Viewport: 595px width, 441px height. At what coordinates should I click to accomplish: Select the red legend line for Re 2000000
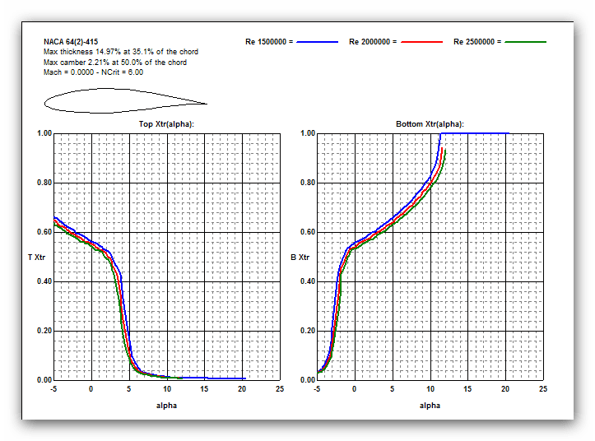tap(421, 41)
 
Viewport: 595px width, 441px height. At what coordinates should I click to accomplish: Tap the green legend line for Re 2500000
tap(525, 41)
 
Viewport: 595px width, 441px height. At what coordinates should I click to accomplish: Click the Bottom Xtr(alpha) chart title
tap(430, 123)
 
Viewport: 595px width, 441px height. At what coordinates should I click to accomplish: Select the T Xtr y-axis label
tap(36, 258)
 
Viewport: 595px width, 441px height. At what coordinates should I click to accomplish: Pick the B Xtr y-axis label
tap(300, 258)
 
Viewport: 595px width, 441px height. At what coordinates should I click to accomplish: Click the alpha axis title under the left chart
tap(166, 405)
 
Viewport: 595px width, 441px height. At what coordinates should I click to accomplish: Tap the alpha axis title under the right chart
tap(430, 405)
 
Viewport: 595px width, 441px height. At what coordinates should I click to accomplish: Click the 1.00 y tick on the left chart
tap(44, 133)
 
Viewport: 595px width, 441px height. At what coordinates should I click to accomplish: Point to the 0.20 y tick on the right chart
tap(308, 331)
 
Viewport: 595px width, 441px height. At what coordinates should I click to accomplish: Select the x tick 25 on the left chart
tap(280, 388)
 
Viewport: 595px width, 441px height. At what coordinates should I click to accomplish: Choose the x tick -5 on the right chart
tap(316, 388)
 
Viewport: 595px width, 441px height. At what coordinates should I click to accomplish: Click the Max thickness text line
tap(120, 52)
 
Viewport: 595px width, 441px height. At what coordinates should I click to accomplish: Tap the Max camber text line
tap(114, 63)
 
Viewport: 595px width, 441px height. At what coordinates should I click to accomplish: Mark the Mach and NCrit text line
tap(93, 72)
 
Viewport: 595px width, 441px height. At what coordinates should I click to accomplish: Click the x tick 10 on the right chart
tap(430, 388)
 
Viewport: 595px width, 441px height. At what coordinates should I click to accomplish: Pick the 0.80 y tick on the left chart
tap(44, 183)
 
